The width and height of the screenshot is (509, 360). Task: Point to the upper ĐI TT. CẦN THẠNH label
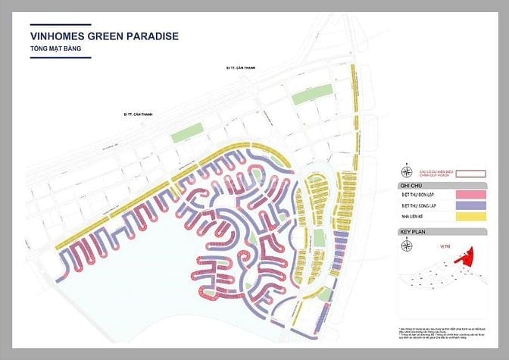tap(241, 68)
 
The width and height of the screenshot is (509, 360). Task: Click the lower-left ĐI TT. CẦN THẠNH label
tap(138, 114)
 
